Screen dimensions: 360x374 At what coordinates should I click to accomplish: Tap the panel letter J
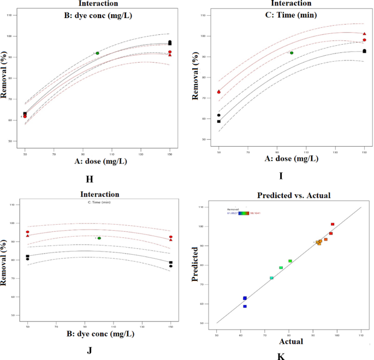coord(89,350)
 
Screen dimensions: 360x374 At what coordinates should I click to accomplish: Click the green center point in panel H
coord(97,53)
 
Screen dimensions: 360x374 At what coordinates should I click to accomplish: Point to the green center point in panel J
coord(99,238)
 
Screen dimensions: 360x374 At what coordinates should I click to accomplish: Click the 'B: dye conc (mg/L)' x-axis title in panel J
coord(98,337)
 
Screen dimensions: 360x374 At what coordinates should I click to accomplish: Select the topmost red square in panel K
coord(333,224)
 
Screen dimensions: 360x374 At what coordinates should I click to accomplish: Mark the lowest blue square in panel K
coord(245,307)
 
